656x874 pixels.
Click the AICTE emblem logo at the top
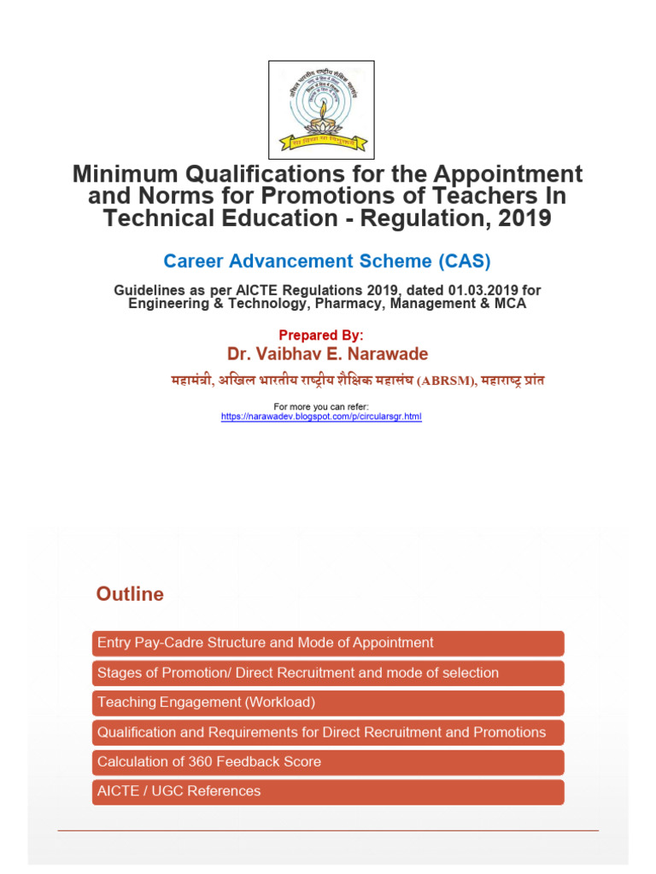tap(321, 109)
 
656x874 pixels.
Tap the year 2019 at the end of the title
tap(523, 218)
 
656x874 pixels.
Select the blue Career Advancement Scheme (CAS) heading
tap(327, 260)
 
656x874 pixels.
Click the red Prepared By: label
tap(321, 335)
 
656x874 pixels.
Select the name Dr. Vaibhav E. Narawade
tap(328, 354)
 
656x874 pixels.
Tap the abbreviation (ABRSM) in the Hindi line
tap(444, 382)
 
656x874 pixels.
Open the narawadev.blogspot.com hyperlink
tap(321, 417)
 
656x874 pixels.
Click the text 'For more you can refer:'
tap(321, 406)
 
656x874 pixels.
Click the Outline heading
tap(130, 594)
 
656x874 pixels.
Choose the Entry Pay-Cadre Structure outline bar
tap(327, 643)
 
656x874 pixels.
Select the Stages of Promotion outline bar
tap(327, 673)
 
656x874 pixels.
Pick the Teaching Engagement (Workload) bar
tap(327, 702)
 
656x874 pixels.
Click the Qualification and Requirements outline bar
tap(327, 732)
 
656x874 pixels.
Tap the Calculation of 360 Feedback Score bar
tap(327, 761)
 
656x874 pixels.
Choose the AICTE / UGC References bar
tap(327, 791)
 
